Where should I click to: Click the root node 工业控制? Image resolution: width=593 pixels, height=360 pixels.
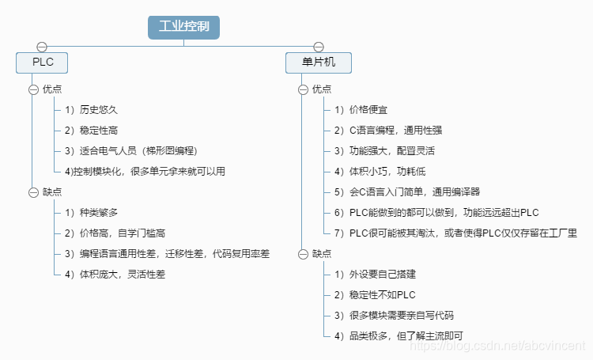pos(183,26)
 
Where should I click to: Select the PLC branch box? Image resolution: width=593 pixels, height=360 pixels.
pos(42,63)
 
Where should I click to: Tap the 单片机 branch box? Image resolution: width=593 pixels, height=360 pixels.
pos(319,63)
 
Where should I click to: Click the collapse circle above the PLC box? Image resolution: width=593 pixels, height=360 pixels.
pos(42,47)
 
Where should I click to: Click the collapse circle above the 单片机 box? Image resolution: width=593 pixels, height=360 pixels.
pos(319,47)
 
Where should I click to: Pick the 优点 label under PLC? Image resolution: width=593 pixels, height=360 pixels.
pos(52,89)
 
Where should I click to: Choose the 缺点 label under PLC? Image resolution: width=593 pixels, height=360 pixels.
pos(52,192)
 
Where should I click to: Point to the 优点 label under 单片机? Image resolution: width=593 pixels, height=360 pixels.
pos(322,89)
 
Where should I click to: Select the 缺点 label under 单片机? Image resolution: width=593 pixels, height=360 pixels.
pos(322,254)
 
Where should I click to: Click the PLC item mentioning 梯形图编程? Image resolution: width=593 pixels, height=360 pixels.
pos(130,151)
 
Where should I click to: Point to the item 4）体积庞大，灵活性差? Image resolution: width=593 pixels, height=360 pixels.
pos(115,275)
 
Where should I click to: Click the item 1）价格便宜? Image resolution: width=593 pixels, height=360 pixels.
pos(361,110)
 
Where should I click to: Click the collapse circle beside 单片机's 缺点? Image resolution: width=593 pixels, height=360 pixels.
pos(303,254)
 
